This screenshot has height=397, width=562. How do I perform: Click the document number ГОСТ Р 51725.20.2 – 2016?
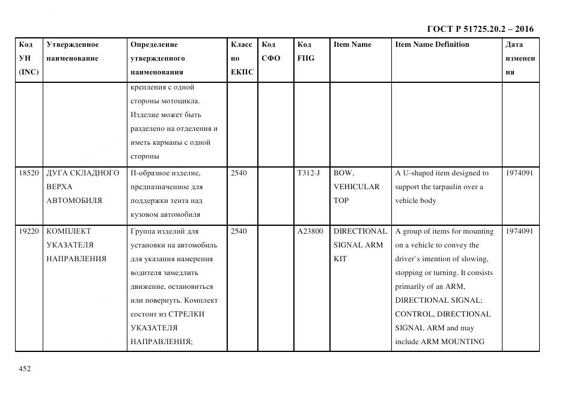[x=480, y=29]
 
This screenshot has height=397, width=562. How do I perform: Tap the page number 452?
[x=25, y=369]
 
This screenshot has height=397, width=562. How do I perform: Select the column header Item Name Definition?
[x=432, y=44]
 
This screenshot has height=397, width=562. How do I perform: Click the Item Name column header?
[x=352, y=44]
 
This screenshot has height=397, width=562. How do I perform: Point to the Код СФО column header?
[x=270, y=51]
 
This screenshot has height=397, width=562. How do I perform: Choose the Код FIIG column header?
[x=305, y=51]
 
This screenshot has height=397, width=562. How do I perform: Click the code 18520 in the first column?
[x=29, y=173]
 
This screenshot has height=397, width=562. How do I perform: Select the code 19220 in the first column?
[x=29, y=231]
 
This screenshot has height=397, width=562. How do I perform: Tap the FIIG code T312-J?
[x=308, y=173]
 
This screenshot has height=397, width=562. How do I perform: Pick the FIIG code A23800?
[x=310, y=231]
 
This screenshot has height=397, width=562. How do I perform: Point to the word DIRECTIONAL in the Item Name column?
[x=360, y=231]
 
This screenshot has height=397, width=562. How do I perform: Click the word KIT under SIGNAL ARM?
[x=340, y=259]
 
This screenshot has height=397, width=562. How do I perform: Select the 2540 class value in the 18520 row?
[x=239, y=173]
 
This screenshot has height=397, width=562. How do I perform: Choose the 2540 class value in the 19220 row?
[x=239, y=231]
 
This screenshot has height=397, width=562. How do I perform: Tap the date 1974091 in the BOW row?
[x=519, y=173]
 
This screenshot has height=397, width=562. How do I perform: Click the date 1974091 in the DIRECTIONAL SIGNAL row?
[x=519, y=231]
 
